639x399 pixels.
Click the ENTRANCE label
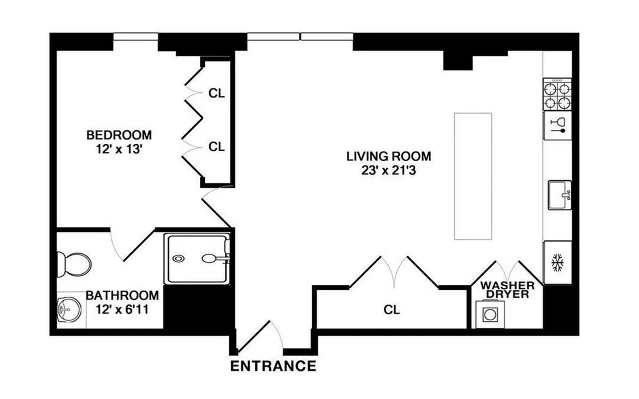(x=273, y=366)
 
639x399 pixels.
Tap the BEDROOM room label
(x=119, y=135)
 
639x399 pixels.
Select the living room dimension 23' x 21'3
(x=388, y=171)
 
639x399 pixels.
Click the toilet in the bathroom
(x=75, y=265)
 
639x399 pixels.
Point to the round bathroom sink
(x=69, y=310)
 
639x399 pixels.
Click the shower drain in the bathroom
(x=179, y=258)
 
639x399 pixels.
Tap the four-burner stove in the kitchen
(x=557, y=94)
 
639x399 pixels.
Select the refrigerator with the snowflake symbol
(x=557, y=263)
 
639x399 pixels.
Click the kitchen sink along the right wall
(x=559, y=195)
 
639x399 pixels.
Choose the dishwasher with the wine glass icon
(x=557, y=126)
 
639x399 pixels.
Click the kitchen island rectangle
(x=473, y=176)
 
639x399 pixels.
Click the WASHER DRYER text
(x=507, y=290)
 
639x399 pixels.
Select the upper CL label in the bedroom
(x=216, y=93)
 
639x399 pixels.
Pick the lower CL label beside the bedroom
(x=216, y=146)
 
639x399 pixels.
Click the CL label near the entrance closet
(x=391, y=310)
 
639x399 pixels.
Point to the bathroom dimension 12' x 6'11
(x=122, y=310)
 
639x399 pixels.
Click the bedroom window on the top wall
(x=135, y=37)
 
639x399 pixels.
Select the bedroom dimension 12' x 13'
(x=119, y=149)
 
